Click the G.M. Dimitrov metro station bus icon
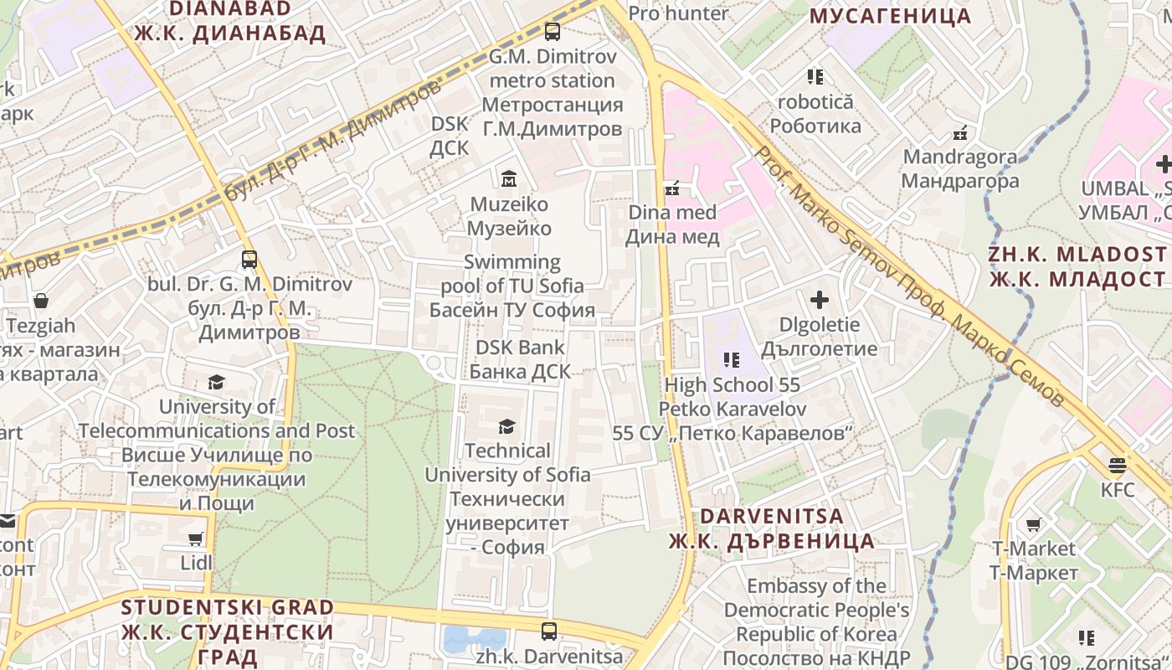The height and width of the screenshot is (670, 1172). click(552, 32)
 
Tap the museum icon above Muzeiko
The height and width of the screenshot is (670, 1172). click(508, 178)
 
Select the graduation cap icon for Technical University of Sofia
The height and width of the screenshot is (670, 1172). click(506, 426)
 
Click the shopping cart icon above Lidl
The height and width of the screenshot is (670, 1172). click(196, 539)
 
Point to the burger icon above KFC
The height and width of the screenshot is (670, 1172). click(1117, 465)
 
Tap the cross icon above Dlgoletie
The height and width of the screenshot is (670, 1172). click(820, 299)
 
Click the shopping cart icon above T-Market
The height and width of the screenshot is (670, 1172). click(1033, 524)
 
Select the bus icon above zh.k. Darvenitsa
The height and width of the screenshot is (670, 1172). click(549, 631)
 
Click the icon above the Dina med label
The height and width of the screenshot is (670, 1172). click(671, 188)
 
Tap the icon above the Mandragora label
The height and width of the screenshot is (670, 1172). click(960, 132)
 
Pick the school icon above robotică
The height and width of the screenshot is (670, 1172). click(815, 77)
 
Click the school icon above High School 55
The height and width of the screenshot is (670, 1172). click(732, 360)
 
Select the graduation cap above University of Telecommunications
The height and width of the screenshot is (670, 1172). click(217, 382)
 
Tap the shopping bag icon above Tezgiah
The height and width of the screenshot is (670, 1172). click(41, 301)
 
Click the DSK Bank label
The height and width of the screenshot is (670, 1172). click(520, 359)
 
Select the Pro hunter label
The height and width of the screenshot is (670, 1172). click(678, 13)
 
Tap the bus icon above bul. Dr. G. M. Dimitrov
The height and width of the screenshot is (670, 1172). click(249, 259)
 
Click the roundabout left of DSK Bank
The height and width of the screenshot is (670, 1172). click(434, 363)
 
